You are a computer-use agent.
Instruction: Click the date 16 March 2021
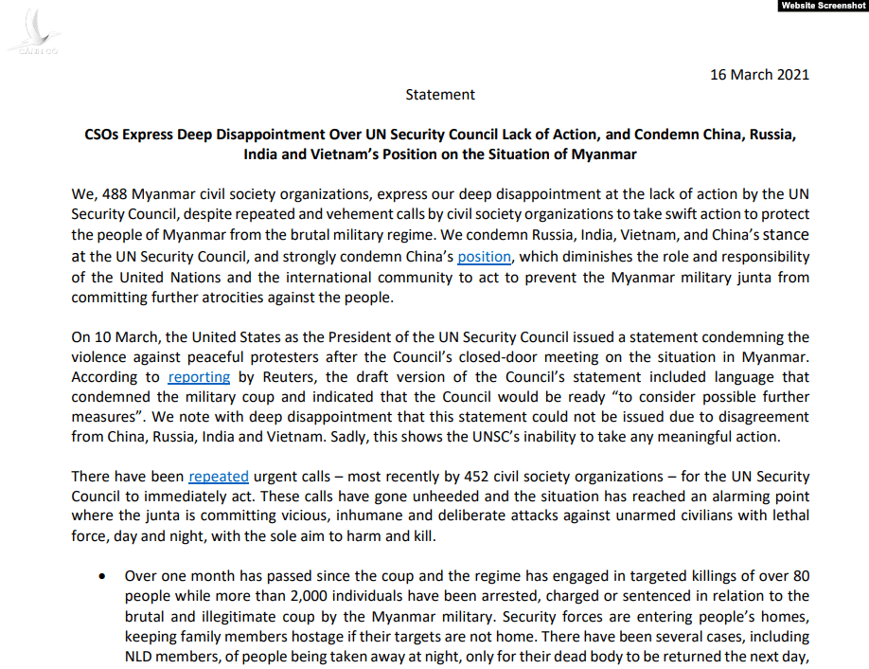(759, 75)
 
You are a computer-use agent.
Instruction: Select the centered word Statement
(440, 95)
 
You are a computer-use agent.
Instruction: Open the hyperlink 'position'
(484, 257)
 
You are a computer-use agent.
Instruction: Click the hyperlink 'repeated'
(219, 477)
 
